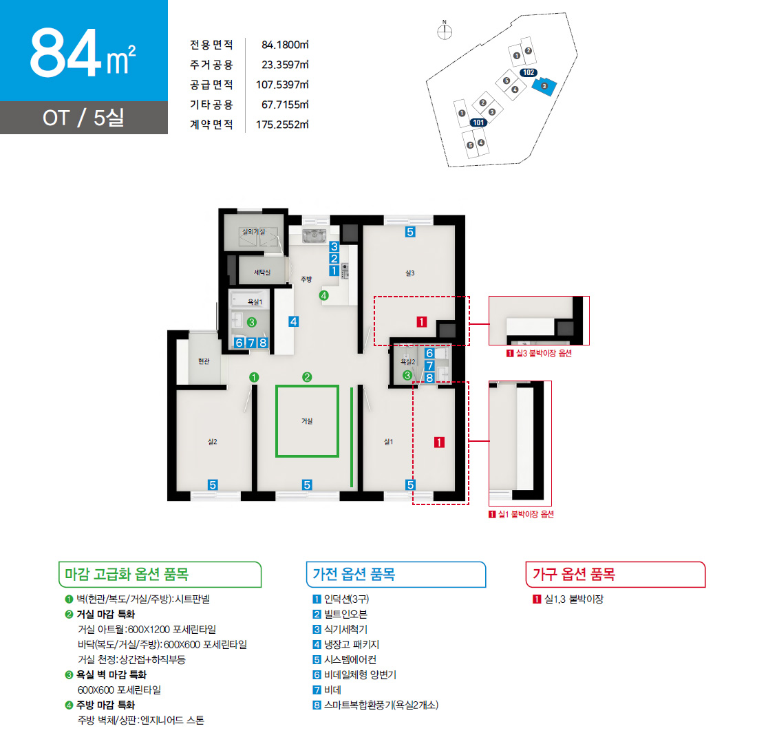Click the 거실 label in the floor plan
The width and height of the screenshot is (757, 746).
click(x=307, y=421)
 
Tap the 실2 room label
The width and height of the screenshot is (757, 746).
click(x=213, y=441)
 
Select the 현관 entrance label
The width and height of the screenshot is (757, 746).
click(x=204, y=361)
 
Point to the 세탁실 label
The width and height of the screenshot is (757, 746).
click(x=262, y=273)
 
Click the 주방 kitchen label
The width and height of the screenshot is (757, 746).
click(x=306, y=279)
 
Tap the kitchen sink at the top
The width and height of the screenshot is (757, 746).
click(x=314, y=235)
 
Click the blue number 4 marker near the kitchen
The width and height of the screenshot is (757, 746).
click(x=294, y=321)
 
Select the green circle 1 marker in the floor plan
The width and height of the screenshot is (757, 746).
click(x=254, y=377)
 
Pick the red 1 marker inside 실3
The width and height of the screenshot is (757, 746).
click(x=421, y=321)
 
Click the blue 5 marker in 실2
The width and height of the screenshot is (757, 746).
click(x=213, y=484)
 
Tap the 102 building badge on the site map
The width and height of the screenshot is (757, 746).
click(x=529, y=72)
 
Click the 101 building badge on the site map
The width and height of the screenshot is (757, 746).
click(x=478, y=122)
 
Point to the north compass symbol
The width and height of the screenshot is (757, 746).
click(x=445, y=31)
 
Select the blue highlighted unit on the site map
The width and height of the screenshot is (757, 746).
click(x=544, y=86)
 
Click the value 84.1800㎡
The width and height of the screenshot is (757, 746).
click(x=285, y=45)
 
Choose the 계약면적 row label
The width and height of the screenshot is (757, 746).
click(x=211, y=125)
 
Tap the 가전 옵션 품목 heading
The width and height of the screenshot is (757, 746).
click(x=354, y=574)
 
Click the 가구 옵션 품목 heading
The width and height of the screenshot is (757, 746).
click(x=573, y=574)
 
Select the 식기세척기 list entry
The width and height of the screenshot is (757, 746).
click(x=341, y=629)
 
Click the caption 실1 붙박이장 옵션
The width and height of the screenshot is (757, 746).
click(x=522, y=514)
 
